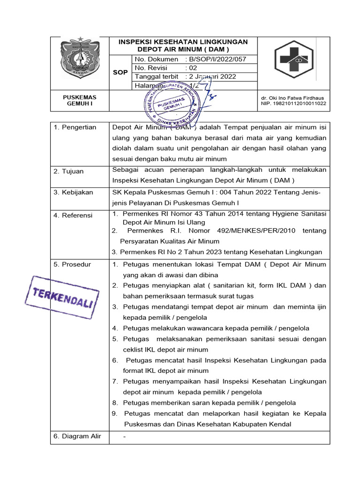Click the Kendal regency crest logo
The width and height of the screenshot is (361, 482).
pyautogui.click(x=79, y=58)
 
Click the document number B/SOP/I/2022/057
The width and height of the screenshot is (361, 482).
pyautogui.click(x=216, y=59)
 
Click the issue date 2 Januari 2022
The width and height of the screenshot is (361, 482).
pyautogui.click(x=211, y=77)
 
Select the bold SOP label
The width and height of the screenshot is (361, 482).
pyautogui.click(x=120, y=72)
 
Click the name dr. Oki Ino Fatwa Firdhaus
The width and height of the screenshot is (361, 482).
pyautogui.click(x=293, y=98)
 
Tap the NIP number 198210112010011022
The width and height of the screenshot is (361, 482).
pyautogui.click(x=293, y=104)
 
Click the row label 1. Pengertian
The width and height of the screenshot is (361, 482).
pyautogui.click(x=75, y=128)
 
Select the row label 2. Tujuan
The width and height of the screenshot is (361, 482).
pyautogui.click(x=69, y=171)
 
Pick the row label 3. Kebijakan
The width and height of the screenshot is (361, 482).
pyautogui.click(x=73, y=193)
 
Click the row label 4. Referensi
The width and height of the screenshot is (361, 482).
pyautogui.click(x=73, y=215)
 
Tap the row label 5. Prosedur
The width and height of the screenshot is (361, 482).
pyautogui.click(x=72, y=265)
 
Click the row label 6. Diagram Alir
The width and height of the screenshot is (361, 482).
pyautogui.click(x=77, y=436)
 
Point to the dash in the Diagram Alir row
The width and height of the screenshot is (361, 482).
pyautogui.click(x=124, y=436)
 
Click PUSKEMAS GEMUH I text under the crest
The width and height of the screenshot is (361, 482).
pyautogui.click(x=79, y=101)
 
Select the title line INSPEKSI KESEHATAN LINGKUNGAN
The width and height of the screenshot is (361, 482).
pyautogui.click(x=183, y=42)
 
